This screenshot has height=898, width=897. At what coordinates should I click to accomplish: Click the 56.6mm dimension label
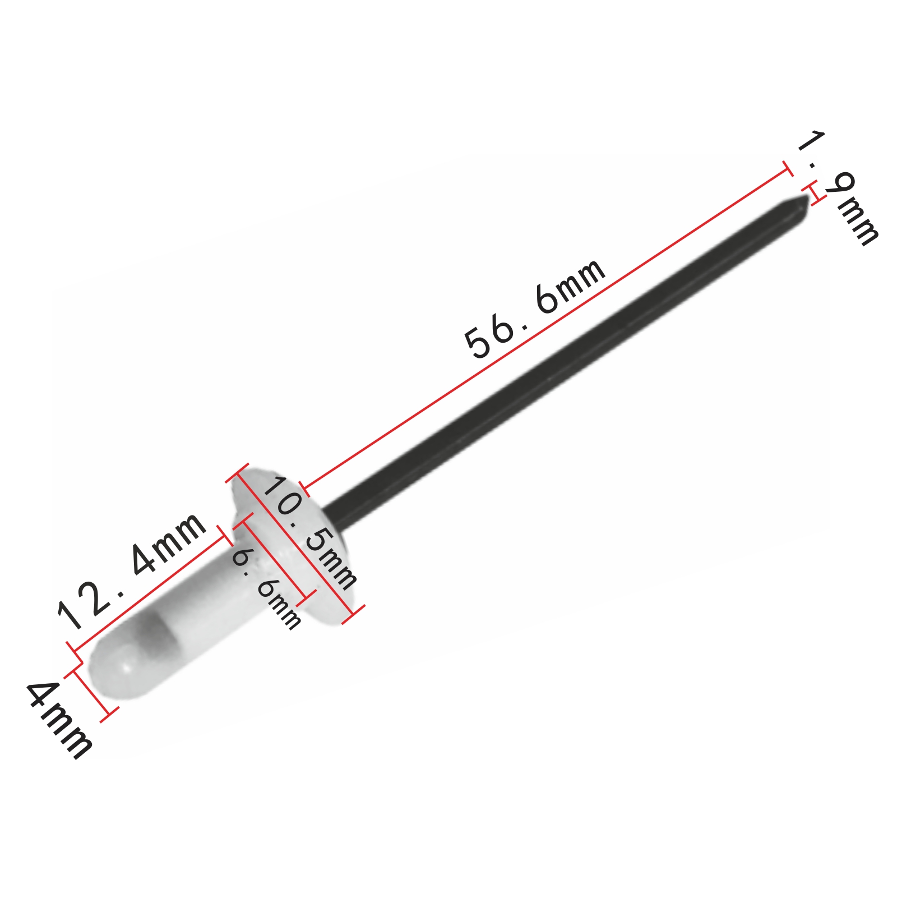535,308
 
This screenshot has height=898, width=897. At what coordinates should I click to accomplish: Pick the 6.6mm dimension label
266,588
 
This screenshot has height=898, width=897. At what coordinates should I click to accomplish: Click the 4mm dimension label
59,720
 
